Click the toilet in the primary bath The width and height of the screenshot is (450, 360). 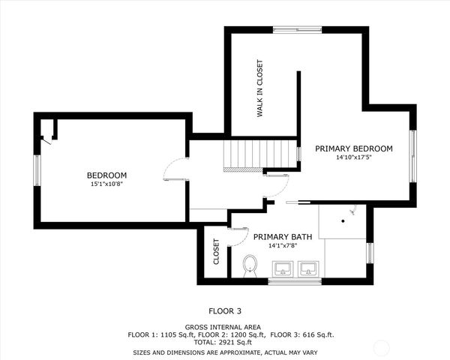pyautogui.click(x=250, y=265)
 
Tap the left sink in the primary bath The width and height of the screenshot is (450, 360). pyautogui.click(x=284, y=268)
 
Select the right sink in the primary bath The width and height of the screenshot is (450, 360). pyautogui.click(x=308, y=268)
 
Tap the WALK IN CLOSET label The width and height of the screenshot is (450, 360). pyautogui.click(x=260, y=88)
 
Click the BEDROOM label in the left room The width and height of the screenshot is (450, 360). pyautogui.click(x=106, y=175)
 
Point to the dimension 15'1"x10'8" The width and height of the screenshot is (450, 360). pyautogui.click(x=106, y=184)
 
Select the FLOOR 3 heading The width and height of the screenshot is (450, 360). pyautogui.click(x=225, y=310)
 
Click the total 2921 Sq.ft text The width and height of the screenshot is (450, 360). pyautogui.click(x=225, y=343)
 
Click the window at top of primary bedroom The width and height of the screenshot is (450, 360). pyautogui.click(x=296, y=30)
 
